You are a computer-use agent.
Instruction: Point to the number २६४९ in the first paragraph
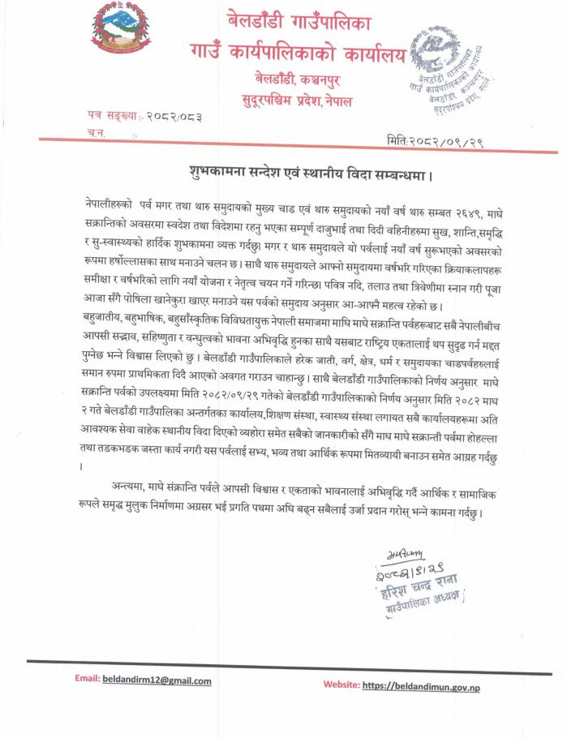tap(468, 212)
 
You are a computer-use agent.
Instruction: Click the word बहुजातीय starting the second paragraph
tap(110, 314)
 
